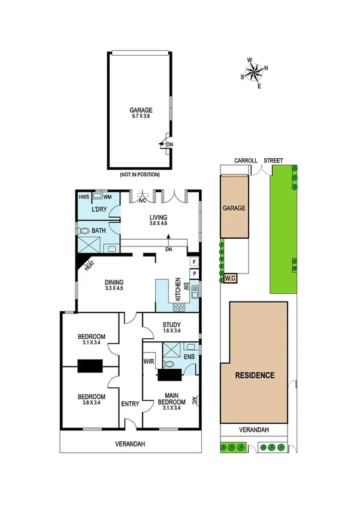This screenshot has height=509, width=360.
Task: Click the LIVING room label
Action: pyautogui.click(x=159, y=220)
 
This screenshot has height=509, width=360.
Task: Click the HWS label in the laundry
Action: pyautogui.click(x=84, y=196)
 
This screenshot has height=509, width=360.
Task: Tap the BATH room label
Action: pyautogui.click(x=99, y=230)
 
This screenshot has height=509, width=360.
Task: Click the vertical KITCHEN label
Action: pyautogui.click(x=178, y=290)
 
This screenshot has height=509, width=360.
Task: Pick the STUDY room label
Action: pyautogui.click(x=171, y=327)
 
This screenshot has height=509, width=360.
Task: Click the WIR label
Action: pyautogui.click(x=149, y=362)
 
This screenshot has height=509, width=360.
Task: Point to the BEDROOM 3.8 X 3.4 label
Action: pyautogui.click(x=91, y=400)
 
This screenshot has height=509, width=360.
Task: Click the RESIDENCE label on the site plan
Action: pyautogui.click(x=254, y=375)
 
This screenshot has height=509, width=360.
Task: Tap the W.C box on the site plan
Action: pyautogui.click(x=231, y=278)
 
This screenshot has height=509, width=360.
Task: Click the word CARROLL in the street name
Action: pyautogui.click(x=246, y=161)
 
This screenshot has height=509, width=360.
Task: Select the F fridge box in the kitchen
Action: pyautogui.click(x=194, y=261)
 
